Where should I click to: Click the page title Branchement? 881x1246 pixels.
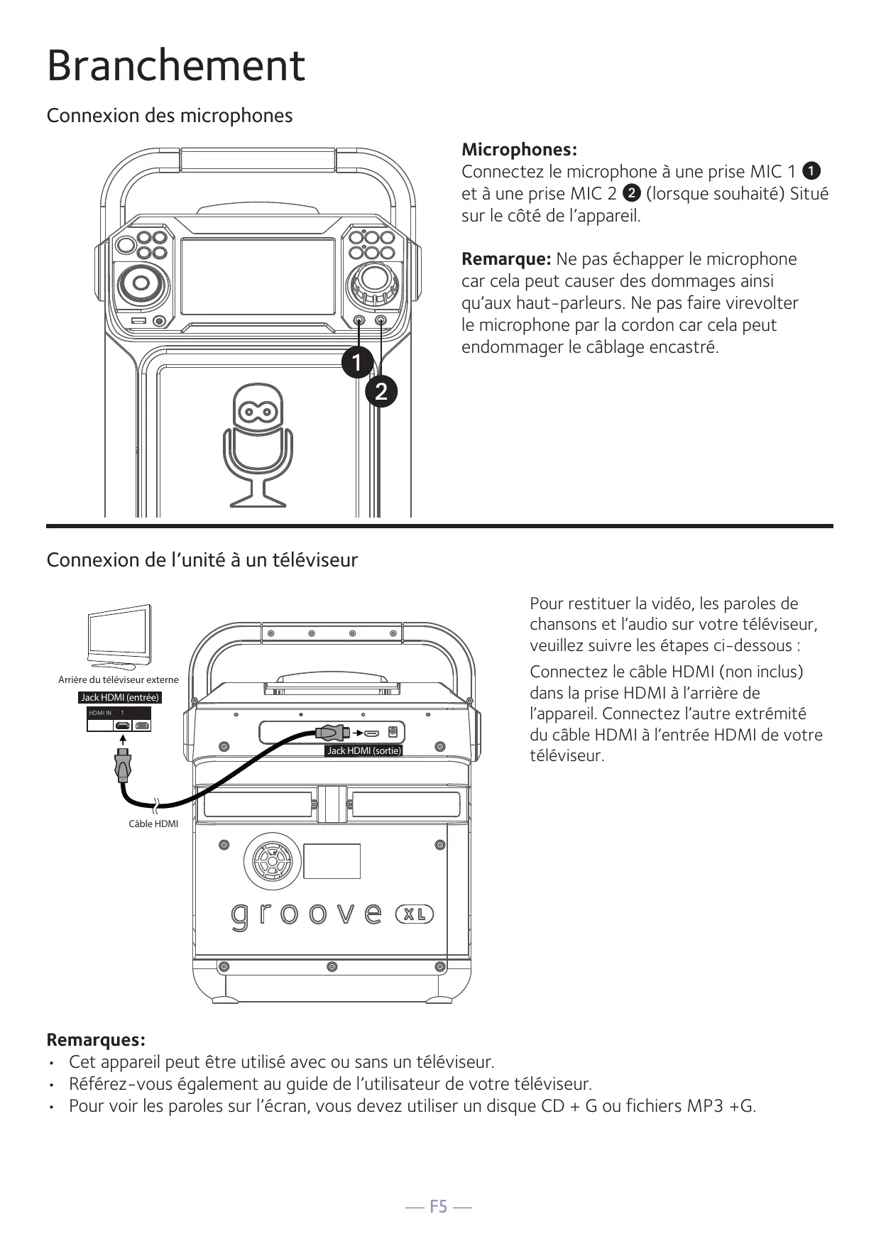click(175, 65)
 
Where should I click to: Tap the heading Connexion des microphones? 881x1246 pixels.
click(169, 115)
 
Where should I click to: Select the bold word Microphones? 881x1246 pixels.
click(519, 149)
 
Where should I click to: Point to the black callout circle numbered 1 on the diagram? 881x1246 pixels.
click(356, 362)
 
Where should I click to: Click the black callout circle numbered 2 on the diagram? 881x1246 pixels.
click(381, 392)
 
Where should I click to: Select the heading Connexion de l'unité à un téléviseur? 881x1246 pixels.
click(202, 560)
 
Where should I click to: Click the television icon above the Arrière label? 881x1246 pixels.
click(119, 635)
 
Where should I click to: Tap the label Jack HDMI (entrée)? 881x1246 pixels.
click(120, 697)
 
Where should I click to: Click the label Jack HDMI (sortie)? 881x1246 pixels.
click(363, 750)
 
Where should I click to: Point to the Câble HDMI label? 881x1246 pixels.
click(153, 824)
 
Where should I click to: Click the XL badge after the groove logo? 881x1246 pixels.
click(414, 914)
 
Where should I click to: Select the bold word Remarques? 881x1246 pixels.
click(96, 1040)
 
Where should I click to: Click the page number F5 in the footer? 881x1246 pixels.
click(439, 1206)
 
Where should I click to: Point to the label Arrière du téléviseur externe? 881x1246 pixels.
click(119, 679)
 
